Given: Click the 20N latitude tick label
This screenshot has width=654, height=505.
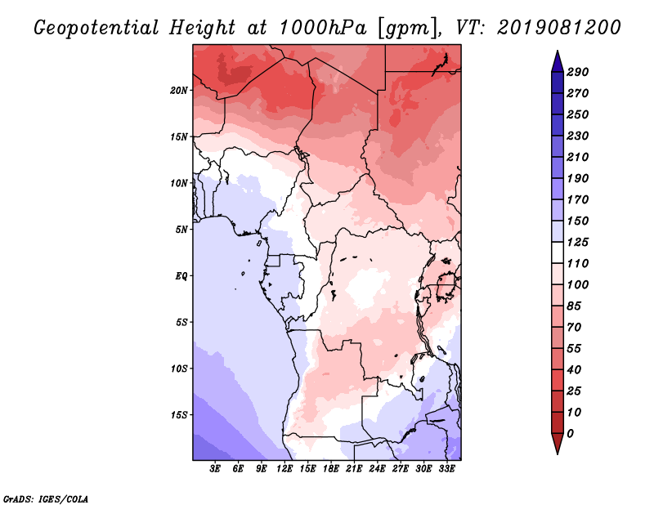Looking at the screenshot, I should coord(180,90).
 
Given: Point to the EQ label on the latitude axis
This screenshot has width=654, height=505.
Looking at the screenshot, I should coord(181,275).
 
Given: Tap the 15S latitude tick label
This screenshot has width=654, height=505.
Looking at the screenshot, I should coord(180,414).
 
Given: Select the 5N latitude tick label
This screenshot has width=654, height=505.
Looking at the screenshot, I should coord(181,229).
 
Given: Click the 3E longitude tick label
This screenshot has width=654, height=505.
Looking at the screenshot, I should coord(216,469).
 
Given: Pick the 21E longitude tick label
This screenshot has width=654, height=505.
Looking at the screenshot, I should coord(354,469).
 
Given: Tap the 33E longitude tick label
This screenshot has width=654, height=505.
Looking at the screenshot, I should coord(446,469).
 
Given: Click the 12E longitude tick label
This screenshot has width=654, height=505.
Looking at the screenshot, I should coord(284,469).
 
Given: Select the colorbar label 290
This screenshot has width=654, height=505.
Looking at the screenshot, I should coord(578,71).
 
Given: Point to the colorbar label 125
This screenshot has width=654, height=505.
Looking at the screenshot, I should coord(578,242).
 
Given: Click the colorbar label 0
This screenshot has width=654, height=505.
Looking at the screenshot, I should coord(570,433).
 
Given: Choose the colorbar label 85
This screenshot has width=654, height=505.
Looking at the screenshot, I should coord(575,306).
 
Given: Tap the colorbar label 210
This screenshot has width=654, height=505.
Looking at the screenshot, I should coord(578,157).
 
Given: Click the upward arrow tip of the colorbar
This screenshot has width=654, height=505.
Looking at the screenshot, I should coord(556,51).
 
